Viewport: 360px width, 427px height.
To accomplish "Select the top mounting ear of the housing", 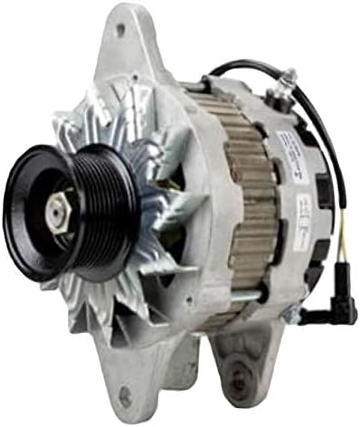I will coord(122,45).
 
